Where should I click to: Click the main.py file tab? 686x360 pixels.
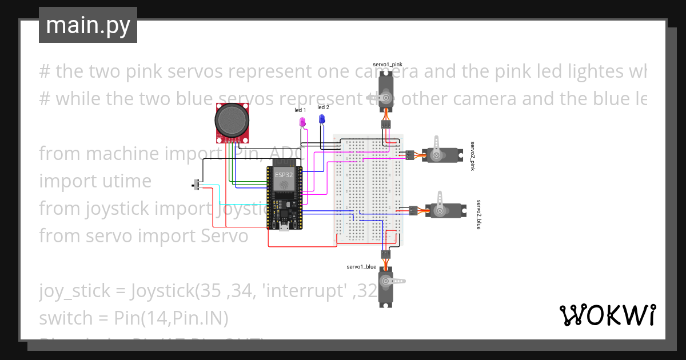87,25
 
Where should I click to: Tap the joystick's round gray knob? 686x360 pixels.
232,119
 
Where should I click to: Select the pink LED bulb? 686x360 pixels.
302,121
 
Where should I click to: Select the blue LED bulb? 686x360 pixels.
322,118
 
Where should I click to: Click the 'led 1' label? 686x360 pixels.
300,110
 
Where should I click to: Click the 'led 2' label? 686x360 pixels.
323,107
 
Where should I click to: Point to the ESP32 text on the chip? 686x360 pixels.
282,174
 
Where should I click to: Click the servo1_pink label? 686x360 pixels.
387,65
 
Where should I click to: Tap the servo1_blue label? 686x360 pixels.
361,267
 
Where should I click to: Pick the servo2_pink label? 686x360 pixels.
473,156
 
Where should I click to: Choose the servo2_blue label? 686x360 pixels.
479,215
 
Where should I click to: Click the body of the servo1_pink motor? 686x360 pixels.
386,91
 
